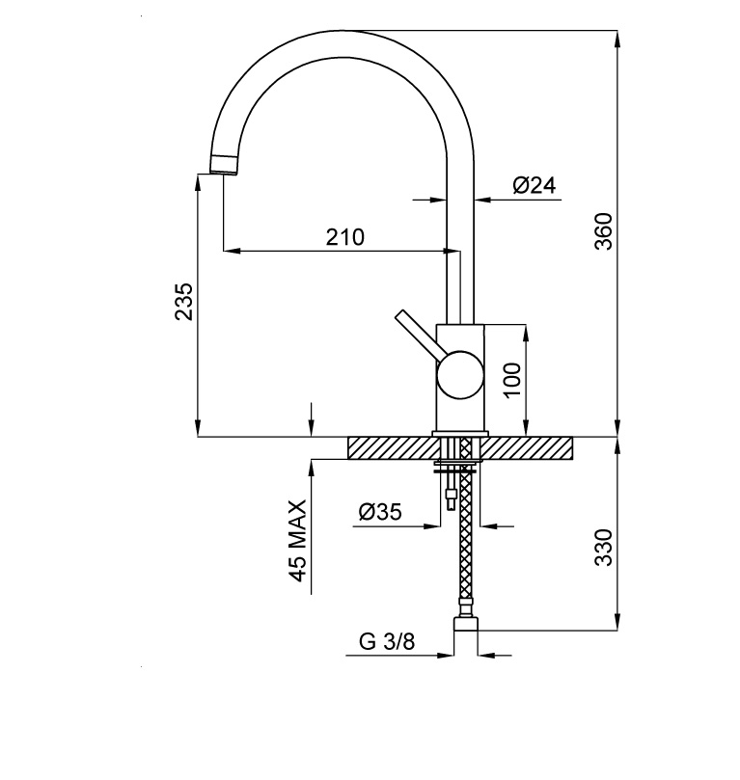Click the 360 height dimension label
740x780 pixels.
point(604,231)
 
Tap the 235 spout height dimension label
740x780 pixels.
point(183,302)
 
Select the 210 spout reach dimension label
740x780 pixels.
point(344,237)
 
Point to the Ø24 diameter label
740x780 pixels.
point(534,185)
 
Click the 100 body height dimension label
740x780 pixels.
point(512,380)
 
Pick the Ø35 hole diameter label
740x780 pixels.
point(380,511)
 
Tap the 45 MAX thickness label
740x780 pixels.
point(297,541)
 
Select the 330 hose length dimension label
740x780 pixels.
point(604,548)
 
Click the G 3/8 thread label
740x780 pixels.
point(387,642)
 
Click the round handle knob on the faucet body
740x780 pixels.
point(460,375)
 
